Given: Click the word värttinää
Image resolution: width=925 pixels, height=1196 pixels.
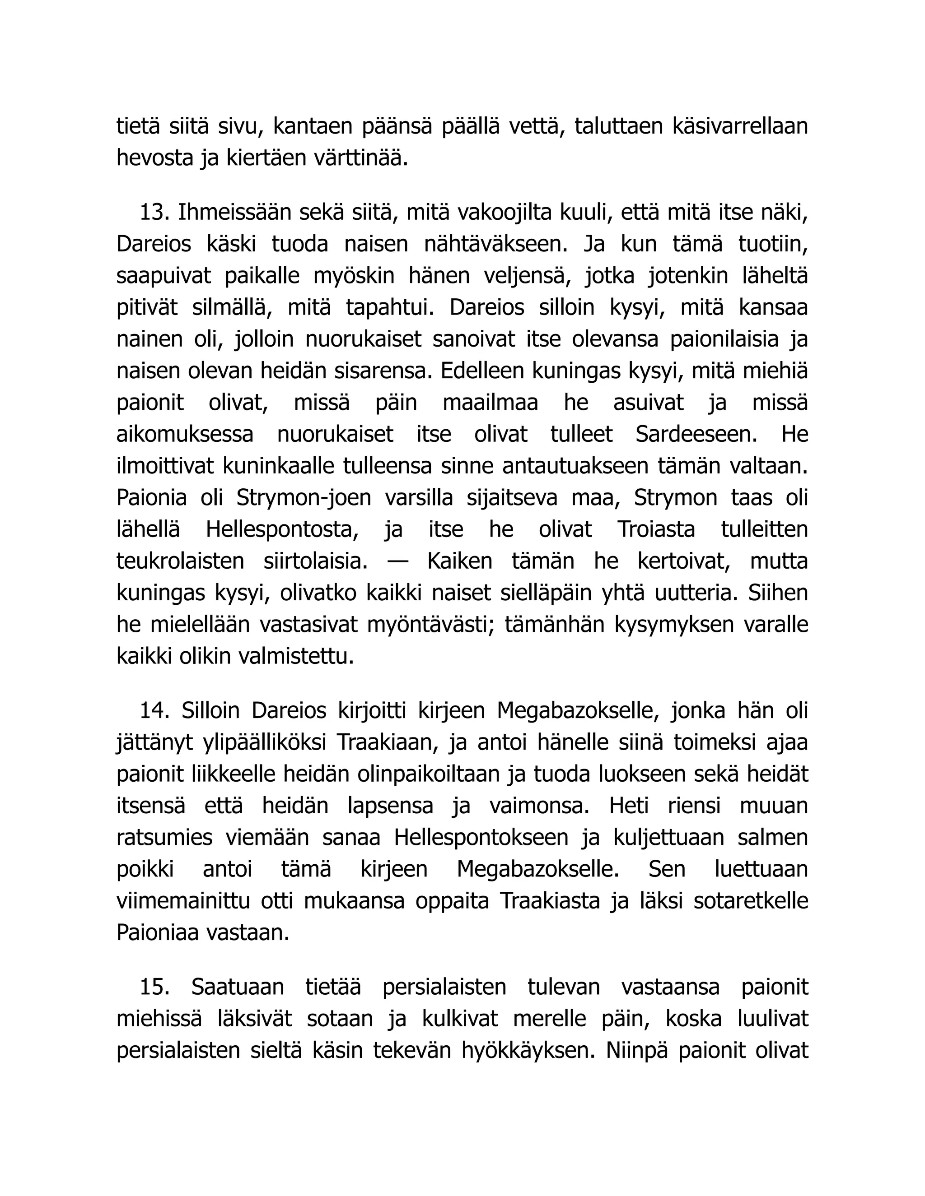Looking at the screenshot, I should click(x=360, y=159).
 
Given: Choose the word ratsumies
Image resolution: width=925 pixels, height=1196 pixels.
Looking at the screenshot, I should click(x=164, y=838).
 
